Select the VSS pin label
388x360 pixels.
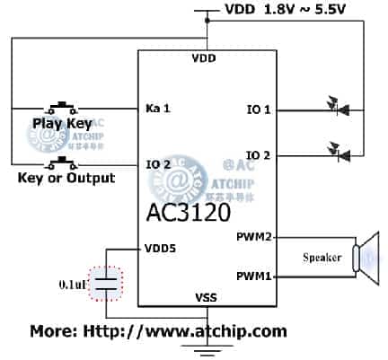point(207,295)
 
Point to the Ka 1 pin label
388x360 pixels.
point(157,109)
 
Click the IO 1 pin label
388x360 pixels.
point(260,110)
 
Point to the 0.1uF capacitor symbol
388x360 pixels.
point(107,284)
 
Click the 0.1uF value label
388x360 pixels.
point(74,284)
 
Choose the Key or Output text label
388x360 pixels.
point(66,178)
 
